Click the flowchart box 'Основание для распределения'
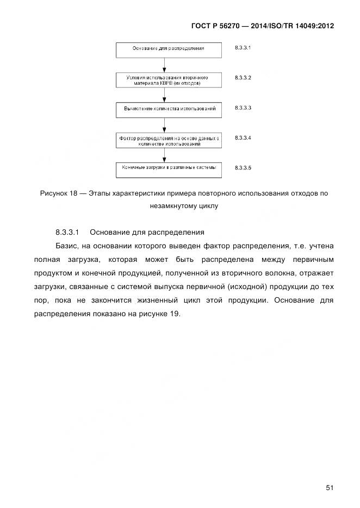point(169,49)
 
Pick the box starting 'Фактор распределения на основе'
point(169,141)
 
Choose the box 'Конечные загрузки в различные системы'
point(169,169)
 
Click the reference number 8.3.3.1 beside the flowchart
point(243,48)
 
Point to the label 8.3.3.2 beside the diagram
point(243,78)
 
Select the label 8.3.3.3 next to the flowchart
point(243,108)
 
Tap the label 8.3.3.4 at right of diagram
point(243,138)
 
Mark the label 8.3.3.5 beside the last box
point(243,168)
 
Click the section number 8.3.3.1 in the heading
point(67,233)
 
